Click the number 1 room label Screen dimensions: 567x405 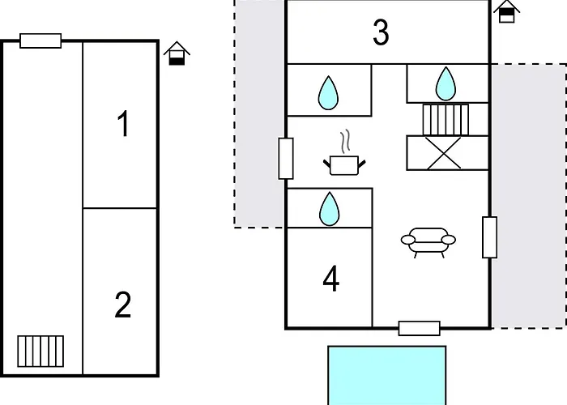tap(124, 124)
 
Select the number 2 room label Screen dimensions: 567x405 tap(122, 305)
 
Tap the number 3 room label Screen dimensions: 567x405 tap(381, 32)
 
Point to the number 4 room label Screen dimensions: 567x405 tap(330, 279)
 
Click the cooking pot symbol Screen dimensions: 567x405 tap(344, 165)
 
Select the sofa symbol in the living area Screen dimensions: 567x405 tap(428, 242)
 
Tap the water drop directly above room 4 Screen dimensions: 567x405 tap(330, 209)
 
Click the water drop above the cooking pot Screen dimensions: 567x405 tap(328, 92)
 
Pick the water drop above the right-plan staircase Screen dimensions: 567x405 tap(446, 83)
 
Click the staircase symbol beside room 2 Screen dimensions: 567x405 tap(40, 351)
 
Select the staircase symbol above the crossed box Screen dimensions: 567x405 tap(446, 120)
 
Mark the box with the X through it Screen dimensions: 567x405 tap(448, 152)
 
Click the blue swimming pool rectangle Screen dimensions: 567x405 tap(387, 375)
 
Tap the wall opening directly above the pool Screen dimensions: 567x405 tap(420, 328)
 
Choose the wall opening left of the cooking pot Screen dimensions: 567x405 tap(286, 159)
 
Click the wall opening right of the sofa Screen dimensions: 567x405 tap(489, 237)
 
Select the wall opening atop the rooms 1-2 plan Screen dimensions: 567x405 tap(40, 40)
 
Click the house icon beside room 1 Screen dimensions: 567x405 tap(177, 53)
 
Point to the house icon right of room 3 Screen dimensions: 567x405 tap(506, 11)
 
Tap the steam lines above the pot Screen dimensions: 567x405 tap(345, 141)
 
